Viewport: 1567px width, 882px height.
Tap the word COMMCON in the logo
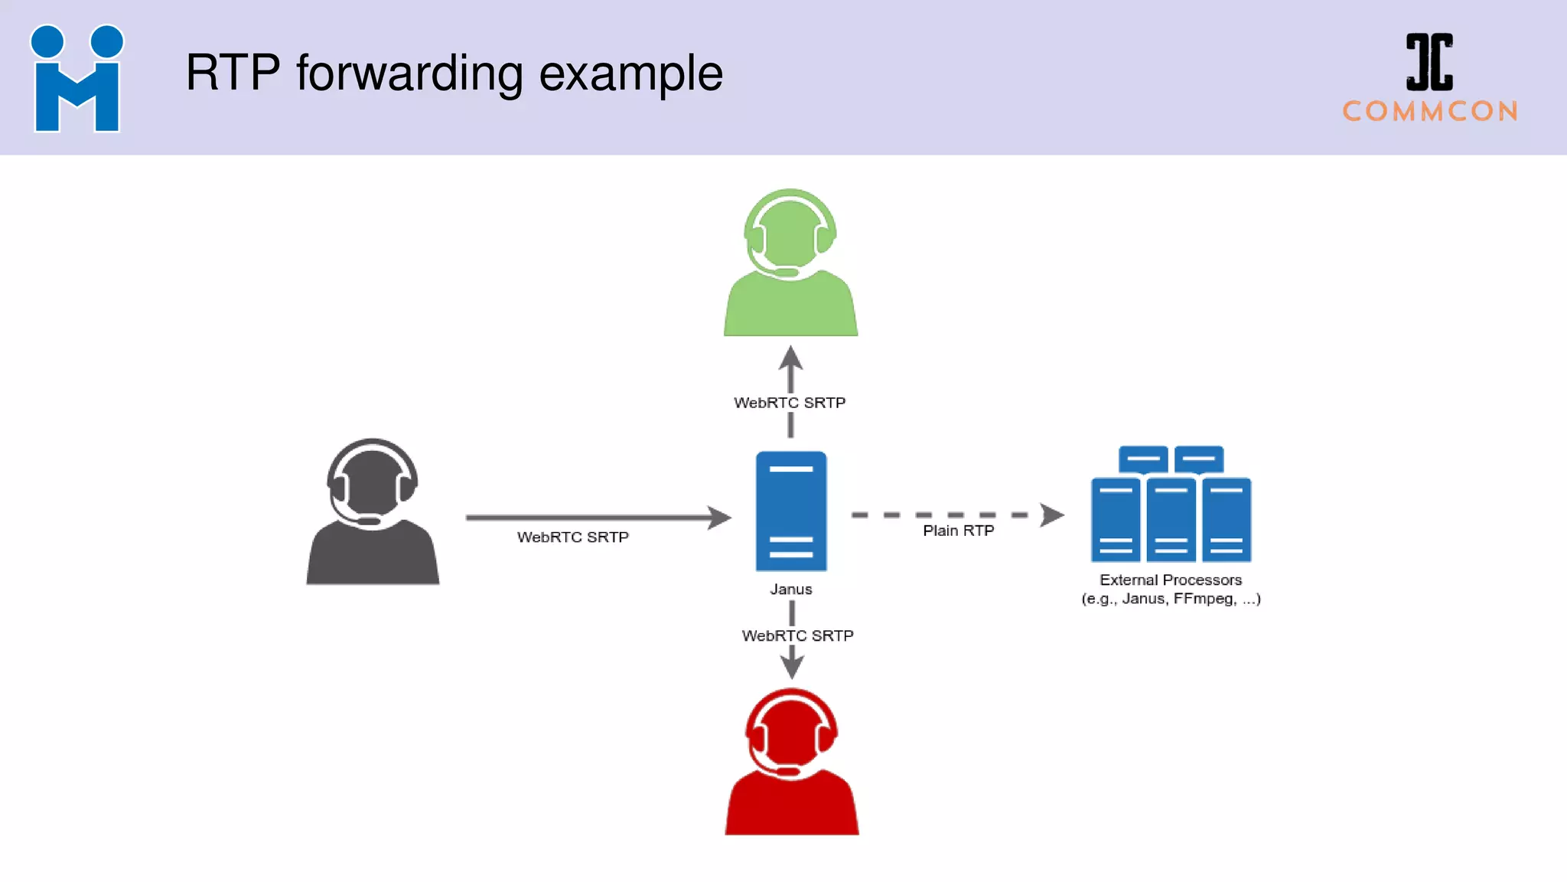click(1430, 112)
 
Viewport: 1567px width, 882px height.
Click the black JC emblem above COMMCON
click(1429, 61)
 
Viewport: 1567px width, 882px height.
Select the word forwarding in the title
click(409, 73)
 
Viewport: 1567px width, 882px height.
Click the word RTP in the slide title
click(233, 73)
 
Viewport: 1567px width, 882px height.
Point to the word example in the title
click(630, 75)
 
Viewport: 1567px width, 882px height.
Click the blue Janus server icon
click(790, 511)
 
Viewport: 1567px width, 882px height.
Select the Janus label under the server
click(790, 590)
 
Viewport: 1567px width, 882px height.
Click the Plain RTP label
click(958, 531)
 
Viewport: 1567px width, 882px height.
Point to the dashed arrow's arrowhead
click(1053, 515)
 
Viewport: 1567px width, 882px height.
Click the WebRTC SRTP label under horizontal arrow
click(572, 537)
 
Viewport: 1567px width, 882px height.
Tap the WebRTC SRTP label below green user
click(790, 403)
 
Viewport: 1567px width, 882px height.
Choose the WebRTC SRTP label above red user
click(797, 635)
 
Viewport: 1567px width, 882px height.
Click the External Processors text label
click(1170, 580)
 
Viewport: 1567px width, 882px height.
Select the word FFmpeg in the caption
click(1204, 599)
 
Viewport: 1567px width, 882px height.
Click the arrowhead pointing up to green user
click(790, 358)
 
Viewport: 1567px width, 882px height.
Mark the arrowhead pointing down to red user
click(792, 667)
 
